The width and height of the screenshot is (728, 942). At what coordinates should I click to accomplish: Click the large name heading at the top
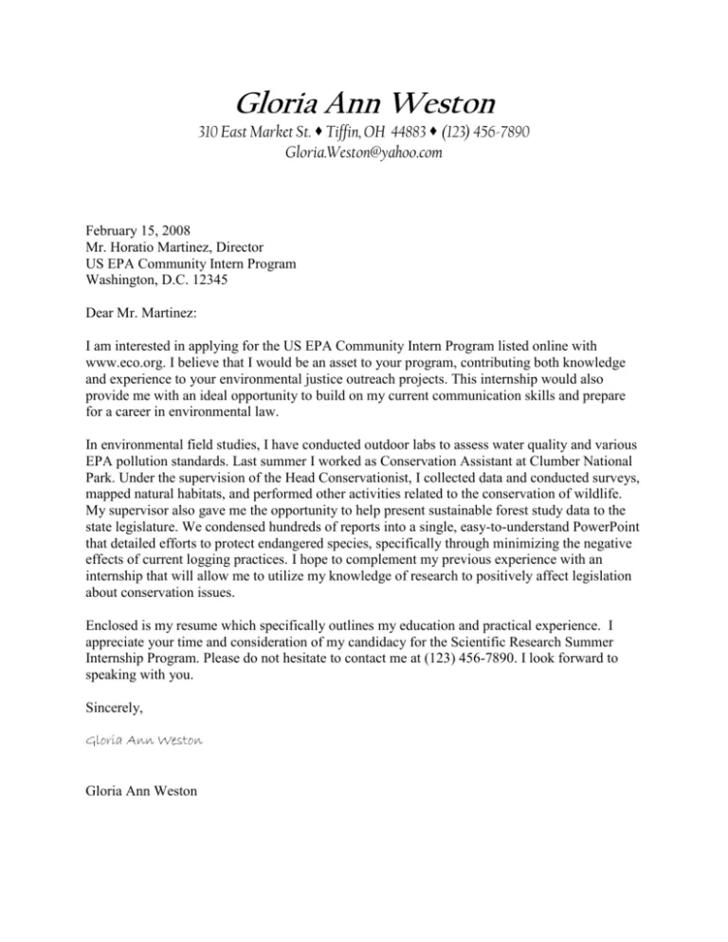pos(364,100)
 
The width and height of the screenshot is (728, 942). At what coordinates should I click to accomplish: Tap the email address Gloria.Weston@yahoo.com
pos(364,152)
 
